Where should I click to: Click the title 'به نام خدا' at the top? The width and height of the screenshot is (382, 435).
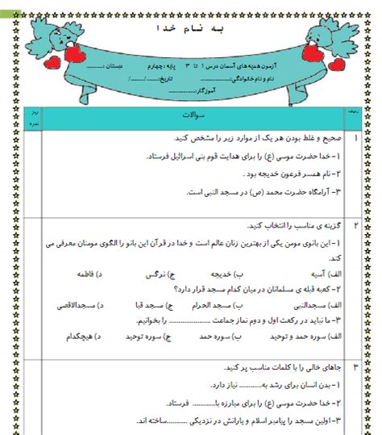[x=191, y=29]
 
